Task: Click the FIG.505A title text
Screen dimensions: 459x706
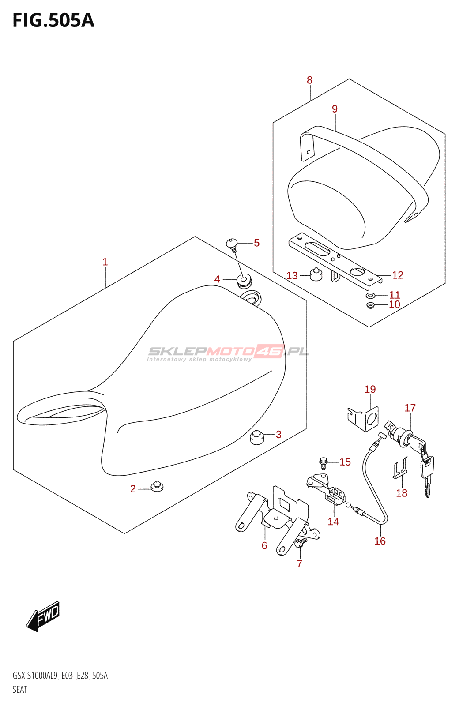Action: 53,20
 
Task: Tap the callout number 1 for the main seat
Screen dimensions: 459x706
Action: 105,262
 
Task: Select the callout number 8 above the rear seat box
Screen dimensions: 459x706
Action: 309,80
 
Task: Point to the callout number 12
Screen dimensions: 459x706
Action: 397,275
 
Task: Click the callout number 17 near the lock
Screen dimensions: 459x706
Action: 410,408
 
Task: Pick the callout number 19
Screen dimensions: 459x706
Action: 370,389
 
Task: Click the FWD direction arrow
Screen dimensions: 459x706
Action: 43,616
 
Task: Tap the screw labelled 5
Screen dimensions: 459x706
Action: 232,244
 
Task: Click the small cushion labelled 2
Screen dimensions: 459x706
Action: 157,486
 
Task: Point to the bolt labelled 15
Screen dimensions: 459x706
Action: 324,462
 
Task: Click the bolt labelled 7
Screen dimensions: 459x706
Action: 301,542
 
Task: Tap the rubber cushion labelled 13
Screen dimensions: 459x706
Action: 315,274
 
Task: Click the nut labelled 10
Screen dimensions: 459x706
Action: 370,305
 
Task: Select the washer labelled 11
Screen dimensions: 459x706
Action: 370,295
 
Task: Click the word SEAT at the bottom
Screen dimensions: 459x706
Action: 20,690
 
